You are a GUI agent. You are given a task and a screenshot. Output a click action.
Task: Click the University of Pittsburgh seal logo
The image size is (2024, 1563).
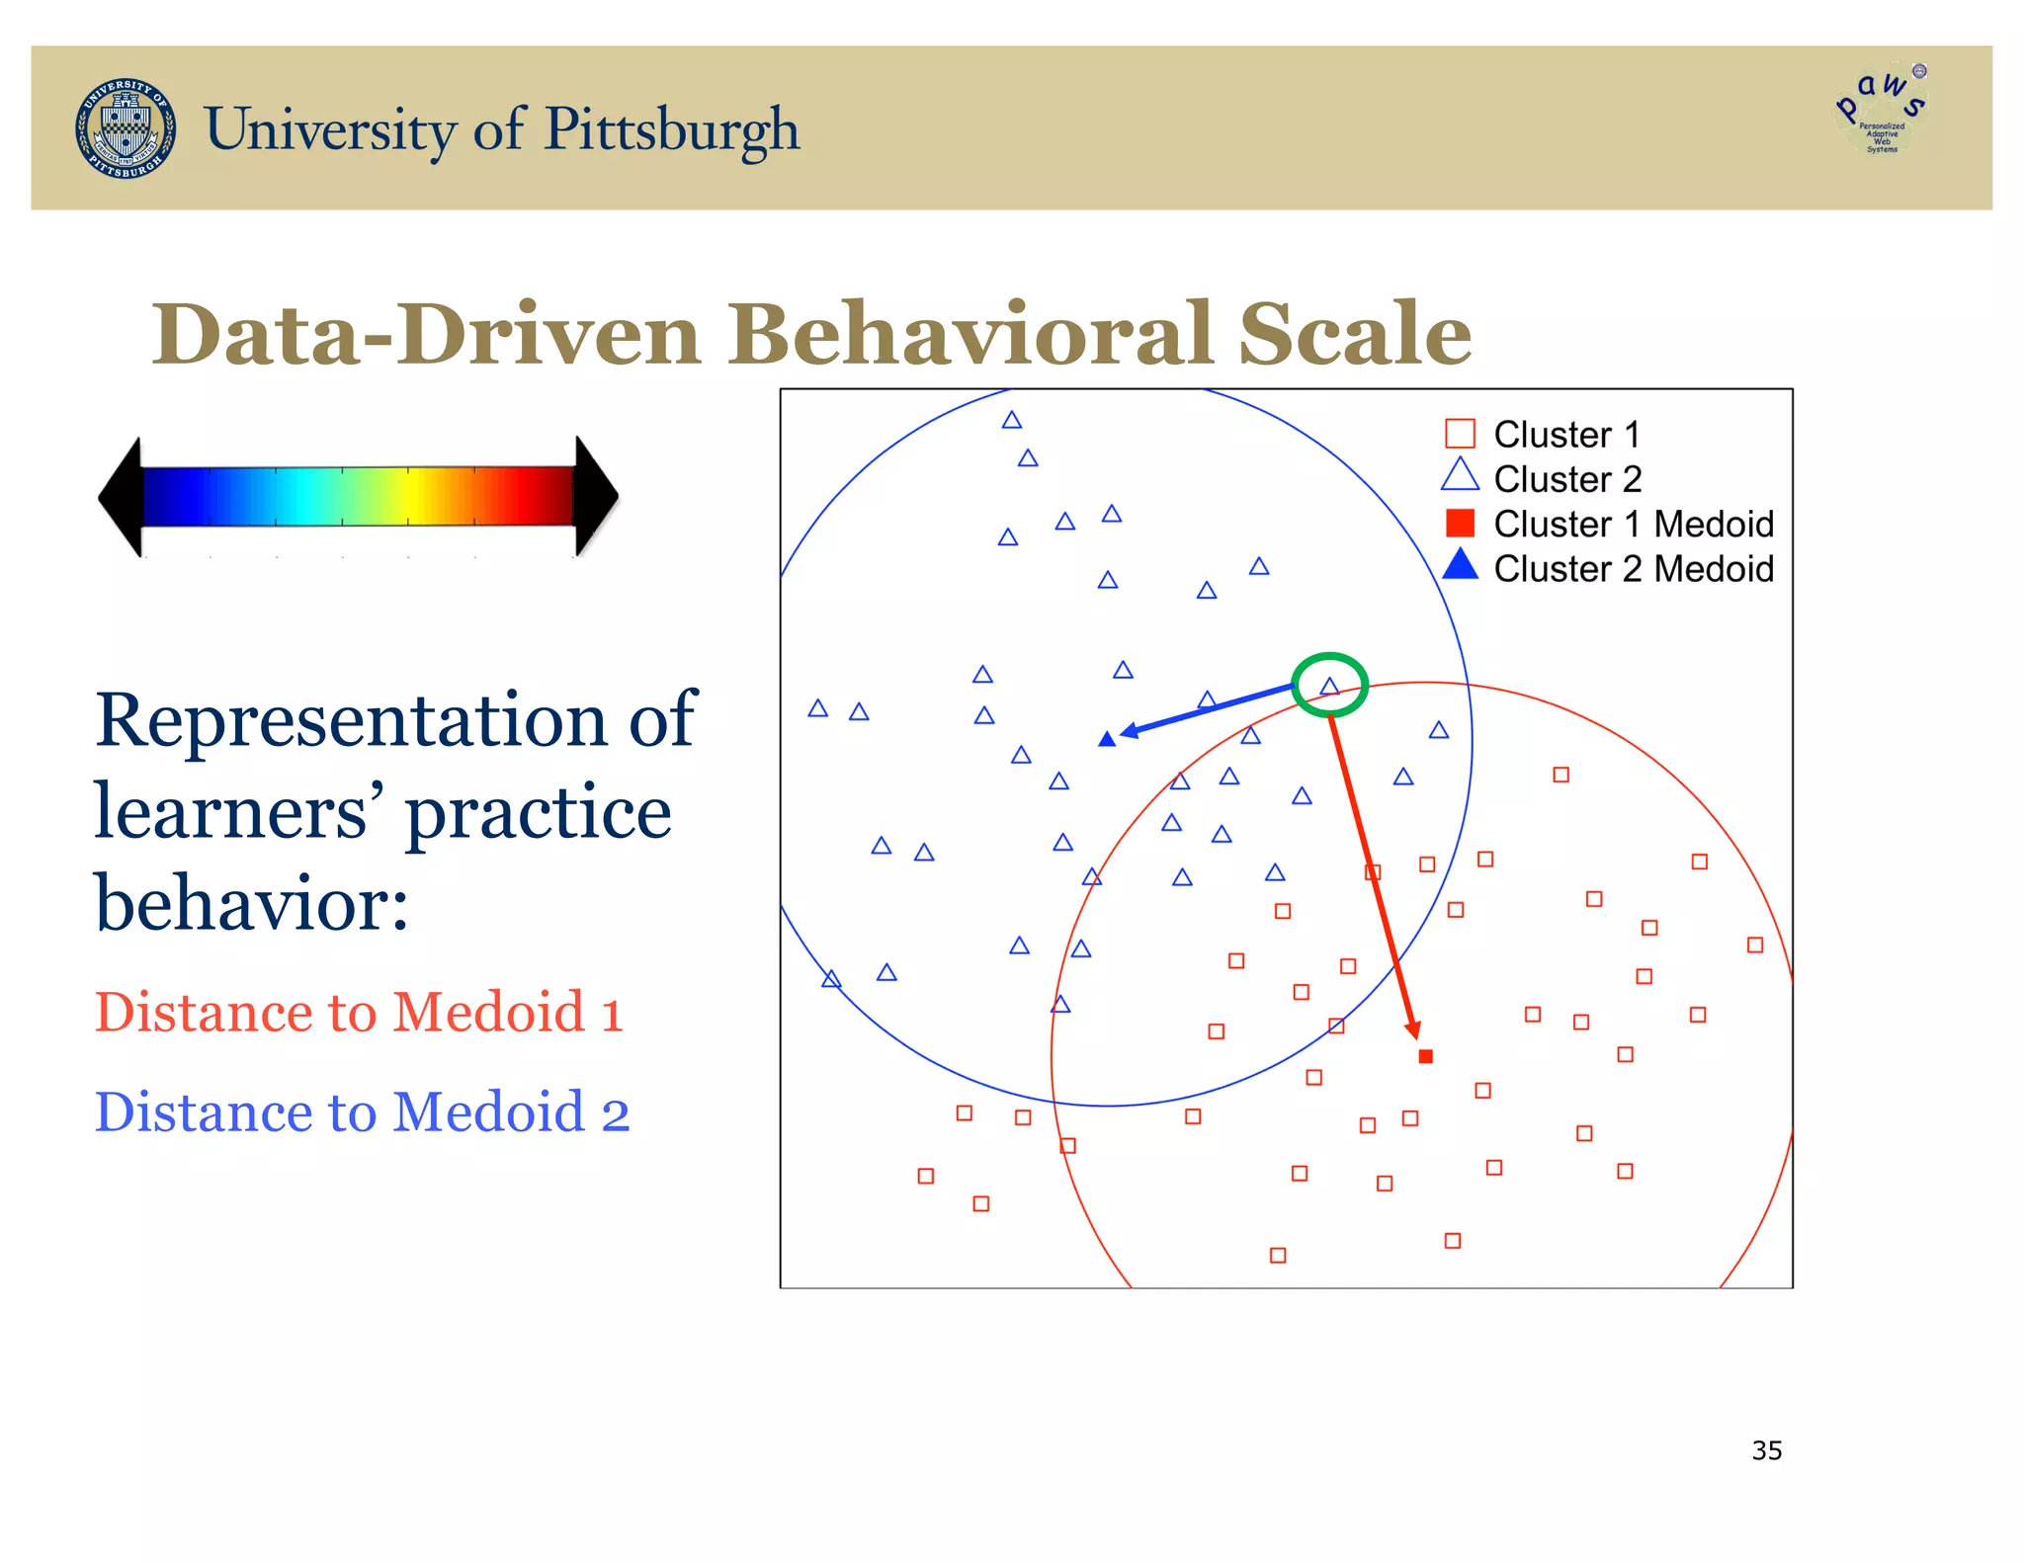126,128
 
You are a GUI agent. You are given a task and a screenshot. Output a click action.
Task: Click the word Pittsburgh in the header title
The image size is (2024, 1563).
671,129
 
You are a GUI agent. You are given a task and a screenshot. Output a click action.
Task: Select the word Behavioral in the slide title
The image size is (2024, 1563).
971,334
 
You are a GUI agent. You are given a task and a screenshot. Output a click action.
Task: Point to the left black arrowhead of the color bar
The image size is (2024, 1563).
122,497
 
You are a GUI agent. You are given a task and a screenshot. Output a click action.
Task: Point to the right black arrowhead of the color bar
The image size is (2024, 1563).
596,496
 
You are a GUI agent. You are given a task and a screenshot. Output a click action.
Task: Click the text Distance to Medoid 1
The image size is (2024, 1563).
359,1012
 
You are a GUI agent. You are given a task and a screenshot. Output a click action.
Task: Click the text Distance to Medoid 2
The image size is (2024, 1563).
362,1111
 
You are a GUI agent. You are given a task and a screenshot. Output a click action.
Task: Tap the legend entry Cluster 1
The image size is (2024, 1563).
1565,435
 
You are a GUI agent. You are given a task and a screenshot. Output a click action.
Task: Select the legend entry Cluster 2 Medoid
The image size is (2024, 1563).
1633,569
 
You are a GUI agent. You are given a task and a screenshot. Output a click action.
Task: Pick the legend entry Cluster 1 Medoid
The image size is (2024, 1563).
1633,524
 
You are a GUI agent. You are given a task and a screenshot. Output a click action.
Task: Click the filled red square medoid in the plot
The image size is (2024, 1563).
1425,1056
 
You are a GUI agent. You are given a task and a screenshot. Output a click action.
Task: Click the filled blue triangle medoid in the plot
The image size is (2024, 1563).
1107,739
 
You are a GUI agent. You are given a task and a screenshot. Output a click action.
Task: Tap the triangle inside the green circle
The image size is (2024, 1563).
1329,686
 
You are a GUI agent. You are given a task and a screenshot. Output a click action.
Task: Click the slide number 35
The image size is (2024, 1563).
1766,1450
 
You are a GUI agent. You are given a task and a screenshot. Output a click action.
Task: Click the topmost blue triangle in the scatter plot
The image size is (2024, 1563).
1011,421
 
